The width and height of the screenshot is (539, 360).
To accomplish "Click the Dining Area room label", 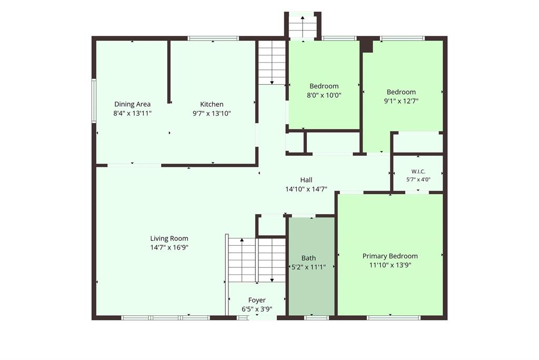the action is [x=132, y=104].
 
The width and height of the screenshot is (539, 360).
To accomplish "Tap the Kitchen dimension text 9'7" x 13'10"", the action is [x=212, y=114].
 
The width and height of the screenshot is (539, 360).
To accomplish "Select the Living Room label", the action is [x=169, y=238].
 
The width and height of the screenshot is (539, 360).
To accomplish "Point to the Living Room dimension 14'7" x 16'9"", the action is [x=169, y=247].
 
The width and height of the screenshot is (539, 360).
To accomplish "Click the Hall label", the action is [x=306, y=180].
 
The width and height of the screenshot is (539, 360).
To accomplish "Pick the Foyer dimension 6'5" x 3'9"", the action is [x=257, y=309].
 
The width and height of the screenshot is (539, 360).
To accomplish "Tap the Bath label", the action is [x=308, y=258].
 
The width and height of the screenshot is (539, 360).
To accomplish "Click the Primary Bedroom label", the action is [x=390, y=256].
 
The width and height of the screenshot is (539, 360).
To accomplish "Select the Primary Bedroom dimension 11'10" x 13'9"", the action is [x=390, y=265].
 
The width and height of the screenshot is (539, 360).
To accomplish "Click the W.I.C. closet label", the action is [x=418, y=171].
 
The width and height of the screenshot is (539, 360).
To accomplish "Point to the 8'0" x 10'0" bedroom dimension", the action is [x=324, y=95].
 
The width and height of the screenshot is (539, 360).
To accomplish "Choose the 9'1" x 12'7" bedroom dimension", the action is [x=401, y=101].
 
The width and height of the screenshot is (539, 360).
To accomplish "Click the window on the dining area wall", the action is [x=94, y=101].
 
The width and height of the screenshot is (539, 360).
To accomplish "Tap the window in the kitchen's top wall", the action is [x=213, y=38].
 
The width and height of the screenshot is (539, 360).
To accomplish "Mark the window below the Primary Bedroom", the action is [x=394, y=318].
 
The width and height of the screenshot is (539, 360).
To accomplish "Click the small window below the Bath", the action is [x=316, y=318].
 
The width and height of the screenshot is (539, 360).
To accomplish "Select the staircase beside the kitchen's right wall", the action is [x=272, y=63].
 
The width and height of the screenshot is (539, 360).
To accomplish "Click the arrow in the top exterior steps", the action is [x=303, y=26].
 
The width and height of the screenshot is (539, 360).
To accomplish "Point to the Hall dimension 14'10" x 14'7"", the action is [x=306, y=189].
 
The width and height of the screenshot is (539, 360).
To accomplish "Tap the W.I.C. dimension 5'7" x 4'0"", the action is [x=418, y=179].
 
